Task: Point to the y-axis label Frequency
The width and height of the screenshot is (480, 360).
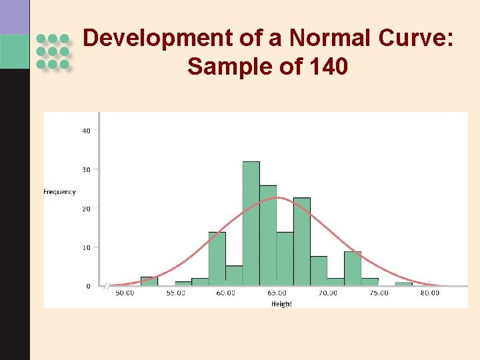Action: (60, 192)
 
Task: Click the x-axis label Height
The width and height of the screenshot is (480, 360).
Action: (281, 304)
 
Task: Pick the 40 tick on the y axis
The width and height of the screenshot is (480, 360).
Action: (87, 131)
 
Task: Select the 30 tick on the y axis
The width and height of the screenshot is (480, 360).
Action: (87, 169)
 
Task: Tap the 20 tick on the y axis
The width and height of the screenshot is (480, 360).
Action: (87, 209)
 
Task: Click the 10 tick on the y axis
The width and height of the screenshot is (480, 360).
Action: (87, 247)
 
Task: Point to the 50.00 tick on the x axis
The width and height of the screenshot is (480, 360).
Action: (125, 293)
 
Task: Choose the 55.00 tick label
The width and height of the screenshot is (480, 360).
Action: (175, 293)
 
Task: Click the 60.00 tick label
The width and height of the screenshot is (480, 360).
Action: (225, 293)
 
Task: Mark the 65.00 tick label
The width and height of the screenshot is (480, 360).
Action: (277, 293)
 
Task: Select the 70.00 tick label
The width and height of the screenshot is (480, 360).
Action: (327, 293)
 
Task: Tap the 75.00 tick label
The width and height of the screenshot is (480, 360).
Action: (379, 293)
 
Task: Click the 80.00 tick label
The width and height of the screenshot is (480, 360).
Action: (429, 293)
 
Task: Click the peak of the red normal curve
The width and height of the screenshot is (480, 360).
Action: (279, 197)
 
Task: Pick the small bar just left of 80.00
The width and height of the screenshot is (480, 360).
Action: (403, 284)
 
